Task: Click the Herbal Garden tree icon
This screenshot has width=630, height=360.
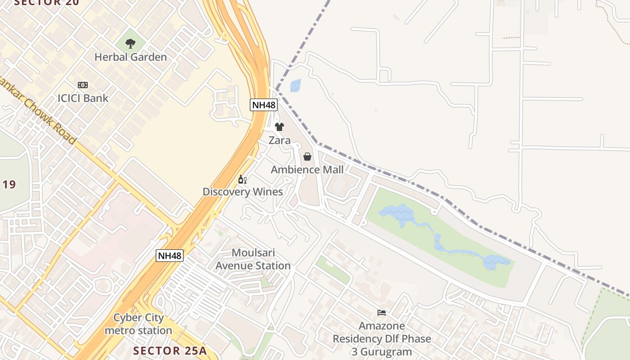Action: click(130, 44)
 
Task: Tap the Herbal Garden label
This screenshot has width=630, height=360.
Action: click(130, 57)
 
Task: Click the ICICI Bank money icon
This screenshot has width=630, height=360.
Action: click(83, 85)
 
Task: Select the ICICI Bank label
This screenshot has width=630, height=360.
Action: click(83, 98)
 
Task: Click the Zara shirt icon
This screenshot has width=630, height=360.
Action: click(279, 127)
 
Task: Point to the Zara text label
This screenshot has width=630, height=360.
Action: click(279, 140)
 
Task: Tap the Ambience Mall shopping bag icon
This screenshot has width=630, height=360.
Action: click(307, 157)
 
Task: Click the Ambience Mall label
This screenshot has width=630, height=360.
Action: click(307, 170)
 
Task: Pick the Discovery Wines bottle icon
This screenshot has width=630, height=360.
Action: click(243, 179)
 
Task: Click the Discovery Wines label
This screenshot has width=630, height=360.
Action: click(243, 192)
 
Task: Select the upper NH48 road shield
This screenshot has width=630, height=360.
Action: click(264, 105)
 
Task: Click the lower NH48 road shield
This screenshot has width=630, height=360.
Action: click(170, 256)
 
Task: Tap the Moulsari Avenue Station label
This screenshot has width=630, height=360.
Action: click(253, 259)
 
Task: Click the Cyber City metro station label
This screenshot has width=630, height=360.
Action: click(139, 324)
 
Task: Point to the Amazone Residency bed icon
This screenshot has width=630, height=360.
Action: click(382, 312)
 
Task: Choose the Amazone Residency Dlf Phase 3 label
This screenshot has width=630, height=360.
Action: click(382, 338)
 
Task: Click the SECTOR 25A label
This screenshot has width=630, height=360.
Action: click(170, 351)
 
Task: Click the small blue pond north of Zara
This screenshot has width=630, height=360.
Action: click(296, 85)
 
